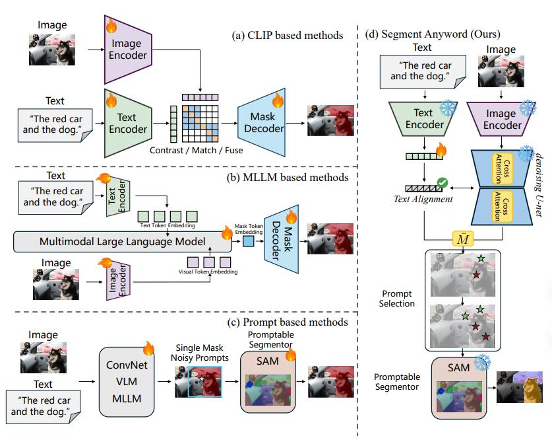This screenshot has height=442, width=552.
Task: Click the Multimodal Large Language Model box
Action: [123, 242]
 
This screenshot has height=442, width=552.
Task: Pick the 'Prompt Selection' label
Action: [398, 298]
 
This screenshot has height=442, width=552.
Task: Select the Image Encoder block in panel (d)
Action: [501, 119]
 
